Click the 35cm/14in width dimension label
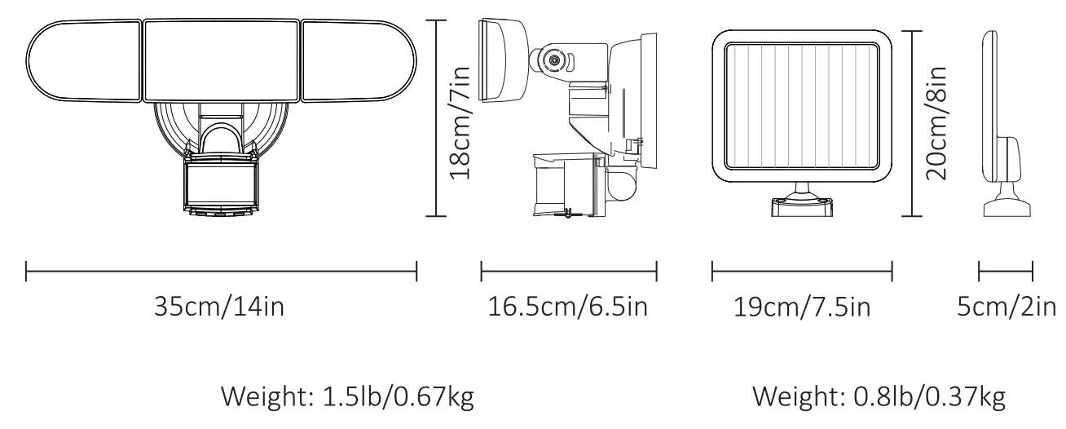point(220,307)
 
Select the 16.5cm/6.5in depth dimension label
point(568,307)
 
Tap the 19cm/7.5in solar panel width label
point(801,307)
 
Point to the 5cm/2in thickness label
point(1007,307)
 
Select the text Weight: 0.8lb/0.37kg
point(879,397)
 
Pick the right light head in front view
point(359,62)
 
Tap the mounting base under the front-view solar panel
point(802,203)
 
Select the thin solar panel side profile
point(990,98)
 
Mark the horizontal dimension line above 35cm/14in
point(222,271)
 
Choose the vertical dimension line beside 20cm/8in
point(910,122)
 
